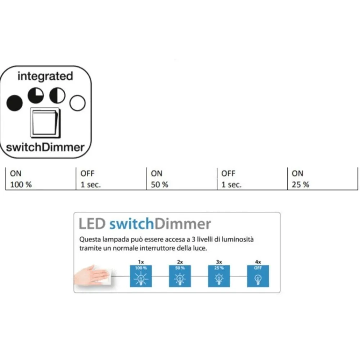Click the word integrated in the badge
click(45, 76)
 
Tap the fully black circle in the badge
click(14, 103)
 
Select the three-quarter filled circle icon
click(36, 95)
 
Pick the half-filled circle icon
click(57, 95)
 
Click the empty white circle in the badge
click(77, 103)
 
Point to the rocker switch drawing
click(45, 123)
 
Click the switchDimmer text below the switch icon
click(45, 147)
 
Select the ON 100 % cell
click(41, 179)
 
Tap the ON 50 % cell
click(181, 179)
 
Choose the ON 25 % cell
click(323, 179)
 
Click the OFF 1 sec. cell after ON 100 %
click(111, 179)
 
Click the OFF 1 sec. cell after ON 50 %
click(252, 179)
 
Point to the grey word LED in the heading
click(92, 224)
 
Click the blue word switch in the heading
click(131, 224)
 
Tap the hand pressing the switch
click(91, 275)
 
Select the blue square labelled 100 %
click(141, 276)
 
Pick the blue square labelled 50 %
click(180, 276)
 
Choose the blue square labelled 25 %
click(219, 276)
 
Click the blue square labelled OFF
click(258, 276)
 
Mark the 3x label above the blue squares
click(219, 262)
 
